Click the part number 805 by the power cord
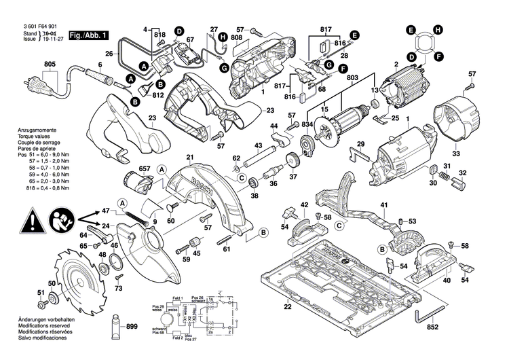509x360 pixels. point(49,65)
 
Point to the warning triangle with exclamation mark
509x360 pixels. point(31,221)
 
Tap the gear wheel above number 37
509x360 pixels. point(293,162)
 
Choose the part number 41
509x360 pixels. point(383,205)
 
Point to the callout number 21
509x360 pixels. point(191,158)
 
